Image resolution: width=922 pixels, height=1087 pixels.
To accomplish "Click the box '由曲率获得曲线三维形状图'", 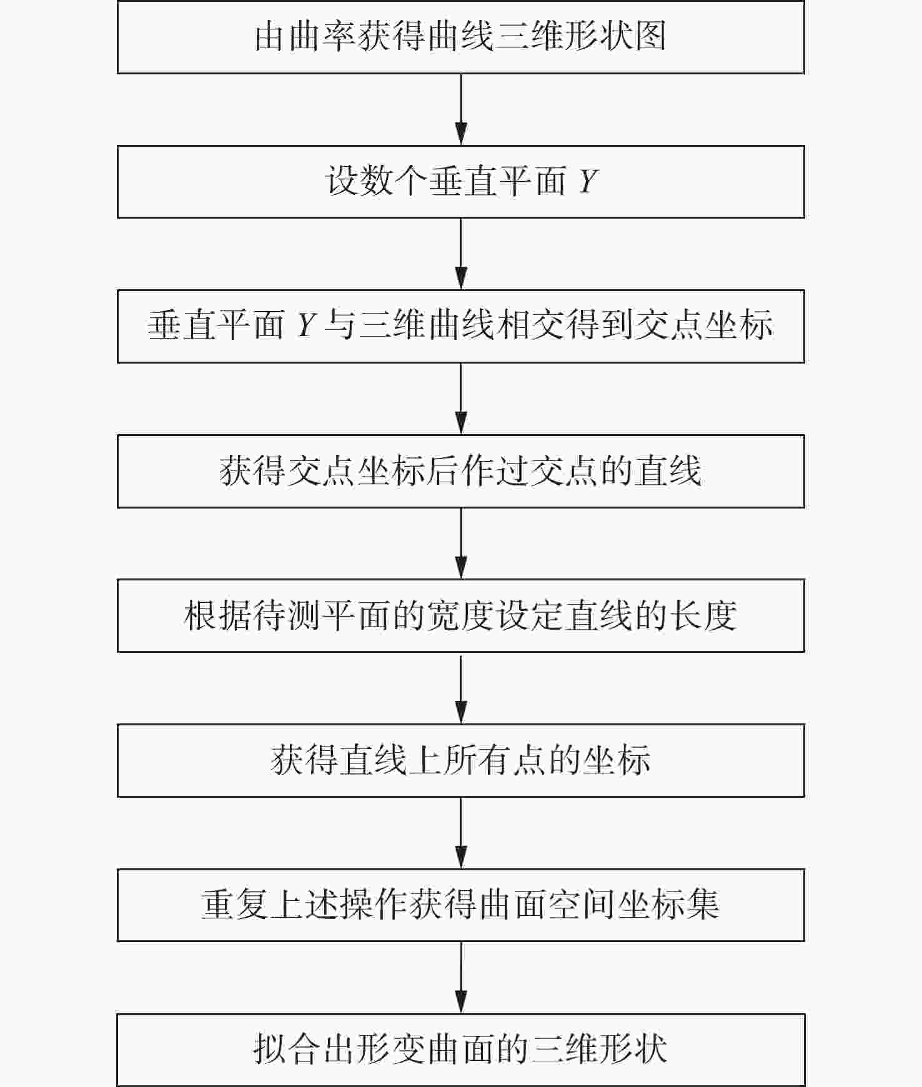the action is (460, 37).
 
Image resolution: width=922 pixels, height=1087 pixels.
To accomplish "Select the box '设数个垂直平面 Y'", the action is (460, 182).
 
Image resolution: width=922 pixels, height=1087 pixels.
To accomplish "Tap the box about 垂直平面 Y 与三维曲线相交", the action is (460, 326).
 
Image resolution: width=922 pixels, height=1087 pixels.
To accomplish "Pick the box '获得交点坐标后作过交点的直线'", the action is (460, 471).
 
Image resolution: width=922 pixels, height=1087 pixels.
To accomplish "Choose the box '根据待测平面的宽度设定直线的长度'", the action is (460, 615).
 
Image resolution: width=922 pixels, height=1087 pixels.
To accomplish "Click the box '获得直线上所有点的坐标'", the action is (460, 760).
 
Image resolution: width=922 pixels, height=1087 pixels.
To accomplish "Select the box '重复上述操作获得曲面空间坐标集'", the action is (460, 905).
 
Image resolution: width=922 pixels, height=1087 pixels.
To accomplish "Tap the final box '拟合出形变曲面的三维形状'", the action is (460, 1050).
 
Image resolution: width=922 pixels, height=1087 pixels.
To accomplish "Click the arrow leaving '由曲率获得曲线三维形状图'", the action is (461, 109).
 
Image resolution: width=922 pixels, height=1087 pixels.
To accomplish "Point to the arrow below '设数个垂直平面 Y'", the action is (461, 254).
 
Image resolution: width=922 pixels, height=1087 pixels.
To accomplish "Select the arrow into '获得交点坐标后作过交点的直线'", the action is (461, 399).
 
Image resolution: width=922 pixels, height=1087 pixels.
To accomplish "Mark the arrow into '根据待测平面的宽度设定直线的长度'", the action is (461, 543).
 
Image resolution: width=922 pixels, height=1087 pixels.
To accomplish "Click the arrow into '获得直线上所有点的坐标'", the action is (461, 688).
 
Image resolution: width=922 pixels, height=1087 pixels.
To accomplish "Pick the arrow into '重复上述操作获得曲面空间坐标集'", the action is (461, 833).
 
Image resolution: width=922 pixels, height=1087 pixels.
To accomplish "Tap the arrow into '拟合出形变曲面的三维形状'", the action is (461, 977).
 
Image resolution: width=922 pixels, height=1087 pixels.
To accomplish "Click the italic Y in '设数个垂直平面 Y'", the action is (588, 182).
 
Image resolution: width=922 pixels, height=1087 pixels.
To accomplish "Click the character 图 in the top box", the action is (650, 37).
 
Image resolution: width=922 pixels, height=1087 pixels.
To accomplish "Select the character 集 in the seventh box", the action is (703, 905).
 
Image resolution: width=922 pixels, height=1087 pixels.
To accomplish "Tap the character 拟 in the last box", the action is (270, 1050).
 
